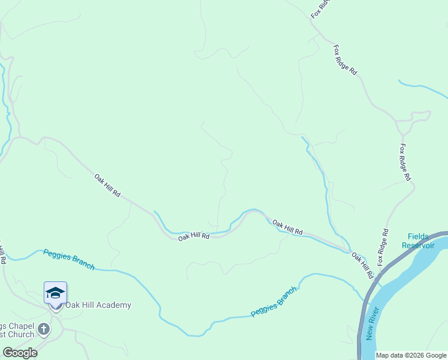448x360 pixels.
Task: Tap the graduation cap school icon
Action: pos(55,293)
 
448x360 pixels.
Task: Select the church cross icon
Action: pos(43,329)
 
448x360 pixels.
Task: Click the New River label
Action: pos(373,323)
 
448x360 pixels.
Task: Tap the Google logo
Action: pos(20,353)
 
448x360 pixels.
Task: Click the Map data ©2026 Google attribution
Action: pos(411,356)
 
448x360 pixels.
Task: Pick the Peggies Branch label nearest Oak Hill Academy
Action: pos(69,259)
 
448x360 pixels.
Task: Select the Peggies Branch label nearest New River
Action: pos(274,302)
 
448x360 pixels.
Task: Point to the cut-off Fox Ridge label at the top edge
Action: pos(321,8)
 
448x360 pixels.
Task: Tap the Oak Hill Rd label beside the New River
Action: pos(363,266)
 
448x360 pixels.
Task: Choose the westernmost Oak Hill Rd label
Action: pos(108,186)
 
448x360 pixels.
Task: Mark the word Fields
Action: pos(418,236)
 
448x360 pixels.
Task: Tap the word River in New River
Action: pos(374,316)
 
